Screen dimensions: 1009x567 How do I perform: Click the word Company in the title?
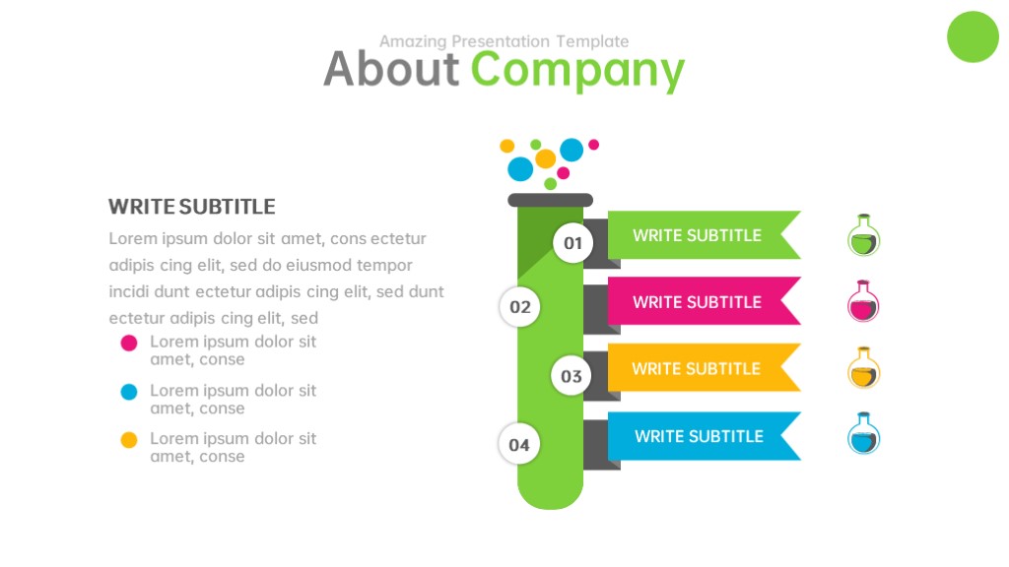click(577, 71)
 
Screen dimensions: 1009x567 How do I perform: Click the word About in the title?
click(391, 69)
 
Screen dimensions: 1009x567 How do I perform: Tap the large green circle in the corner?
click(973, 36)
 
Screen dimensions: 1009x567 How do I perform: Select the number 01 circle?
click(572, 243)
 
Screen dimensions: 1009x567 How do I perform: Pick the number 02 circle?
click(519, 307)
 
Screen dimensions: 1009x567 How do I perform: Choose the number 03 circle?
click(571, 375)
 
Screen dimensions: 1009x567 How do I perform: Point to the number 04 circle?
click(518, 444)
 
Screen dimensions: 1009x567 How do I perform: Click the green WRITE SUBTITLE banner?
click(704, 235)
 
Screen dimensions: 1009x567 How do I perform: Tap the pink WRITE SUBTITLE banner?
click(704, 301)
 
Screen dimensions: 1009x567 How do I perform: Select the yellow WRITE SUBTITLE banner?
click(704, 368)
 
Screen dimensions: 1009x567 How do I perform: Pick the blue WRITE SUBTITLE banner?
click(704, 436)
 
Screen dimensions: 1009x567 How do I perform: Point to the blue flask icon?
click(863, 434)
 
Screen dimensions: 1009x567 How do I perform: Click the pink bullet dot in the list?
click(129, 343)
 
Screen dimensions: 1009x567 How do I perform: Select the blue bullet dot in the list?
click(129, 392)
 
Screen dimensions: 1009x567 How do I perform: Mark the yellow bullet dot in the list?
click(129, 440)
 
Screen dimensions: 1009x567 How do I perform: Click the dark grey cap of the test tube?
click(550, 200)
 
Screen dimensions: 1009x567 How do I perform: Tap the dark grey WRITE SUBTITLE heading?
click(192, 207)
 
